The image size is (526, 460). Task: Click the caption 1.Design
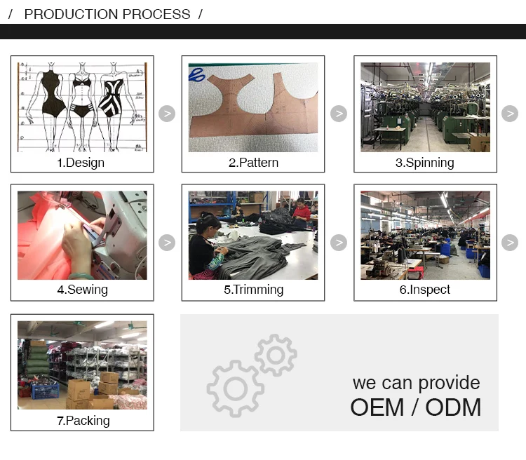81,163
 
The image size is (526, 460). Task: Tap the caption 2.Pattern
253,163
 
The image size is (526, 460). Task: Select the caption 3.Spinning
425,163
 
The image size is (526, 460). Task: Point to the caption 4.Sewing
83,290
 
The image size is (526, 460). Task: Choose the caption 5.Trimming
254,290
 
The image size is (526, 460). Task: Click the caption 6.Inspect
425,290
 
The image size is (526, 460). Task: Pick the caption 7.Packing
83,421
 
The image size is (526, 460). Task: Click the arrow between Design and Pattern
167,114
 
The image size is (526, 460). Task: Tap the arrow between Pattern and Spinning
339,114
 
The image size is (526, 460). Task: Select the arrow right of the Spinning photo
510,114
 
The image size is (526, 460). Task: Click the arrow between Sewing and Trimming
167,243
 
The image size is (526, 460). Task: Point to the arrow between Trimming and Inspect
339,243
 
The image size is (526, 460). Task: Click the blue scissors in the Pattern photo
196,75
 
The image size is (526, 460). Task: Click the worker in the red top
302,210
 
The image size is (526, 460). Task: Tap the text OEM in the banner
377,407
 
